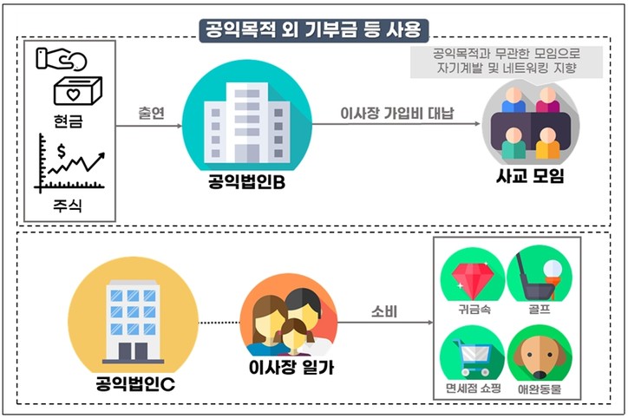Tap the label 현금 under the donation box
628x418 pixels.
coord(67,124)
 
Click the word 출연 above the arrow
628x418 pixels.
coord(151,113)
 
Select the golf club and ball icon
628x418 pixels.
coord(538,272)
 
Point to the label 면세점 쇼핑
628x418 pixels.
coord(472,389)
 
